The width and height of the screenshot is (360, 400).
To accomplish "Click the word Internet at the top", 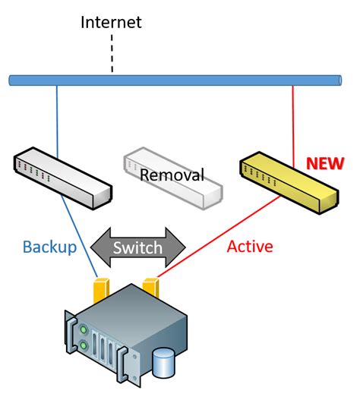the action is [111, 22].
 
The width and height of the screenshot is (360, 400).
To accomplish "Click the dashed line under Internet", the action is [112, 54].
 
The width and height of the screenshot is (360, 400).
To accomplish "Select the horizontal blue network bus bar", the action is [175, 80].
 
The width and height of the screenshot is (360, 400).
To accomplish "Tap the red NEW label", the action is [325, 163].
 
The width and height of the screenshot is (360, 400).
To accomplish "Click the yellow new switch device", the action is [289, 183].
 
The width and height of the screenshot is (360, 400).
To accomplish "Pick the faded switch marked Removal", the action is [173, 178].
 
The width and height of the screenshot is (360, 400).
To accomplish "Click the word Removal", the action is [172, 175].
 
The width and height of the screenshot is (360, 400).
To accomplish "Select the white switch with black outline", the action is [63, 178].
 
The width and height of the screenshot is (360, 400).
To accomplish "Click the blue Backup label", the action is [50, 247].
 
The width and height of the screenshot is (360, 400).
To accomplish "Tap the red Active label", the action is [250, 247].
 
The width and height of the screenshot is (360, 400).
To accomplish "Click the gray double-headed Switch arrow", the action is [138, 247].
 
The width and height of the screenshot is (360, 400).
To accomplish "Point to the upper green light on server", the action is [84, 329].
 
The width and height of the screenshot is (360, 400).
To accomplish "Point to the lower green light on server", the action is [84, 345].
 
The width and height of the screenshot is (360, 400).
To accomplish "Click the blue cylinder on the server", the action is [163, 364].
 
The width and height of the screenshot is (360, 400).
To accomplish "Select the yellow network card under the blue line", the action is [101, 290].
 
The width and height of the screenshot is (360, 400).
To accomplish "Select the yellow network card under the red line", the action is [150, 288].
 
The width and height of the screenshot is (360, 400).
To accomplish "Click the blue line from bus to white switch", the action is [57, 121].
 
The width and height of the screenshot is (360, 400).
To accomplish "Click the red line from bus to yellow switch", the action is [293, 127].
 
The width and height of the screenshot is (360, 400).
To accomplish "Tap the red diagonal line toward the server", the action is [219, 237].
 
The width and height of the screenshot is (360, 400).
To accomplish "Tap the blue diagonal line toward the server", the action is [79, 236].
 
